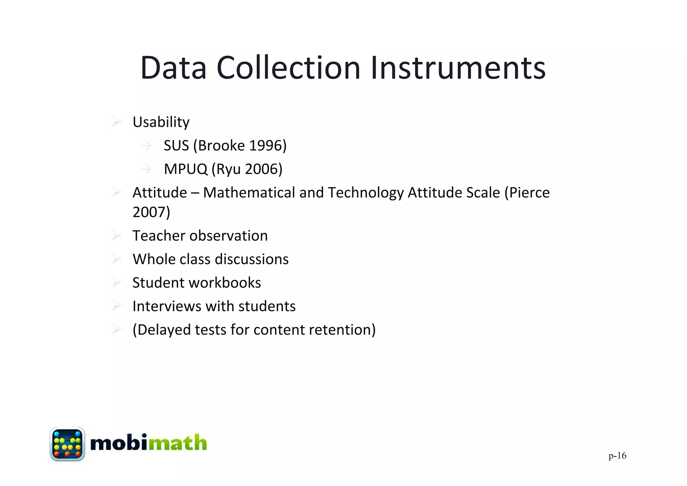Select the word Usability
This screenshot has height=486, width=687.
[161, 122]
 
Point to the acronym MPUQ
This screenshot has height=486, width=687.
[186, 169]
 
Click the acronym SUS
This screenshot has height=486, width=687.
[176, 146]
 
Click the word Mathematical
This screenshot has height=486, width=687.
[249, 193]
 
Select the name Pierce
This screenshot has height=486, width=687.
[530, 193]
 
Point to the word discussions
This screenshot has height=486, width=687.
[252, 259]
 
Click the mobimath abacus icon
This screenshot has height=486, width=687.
[67, 444]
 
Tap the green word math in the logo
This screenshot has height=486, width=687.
[177, 443]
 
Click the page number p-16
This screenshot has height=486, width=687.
[617, 455]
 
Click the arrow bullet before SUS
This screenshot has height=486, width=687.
[146, 146]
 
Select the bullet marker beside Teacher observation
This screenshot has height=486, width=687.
[116, 235]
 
